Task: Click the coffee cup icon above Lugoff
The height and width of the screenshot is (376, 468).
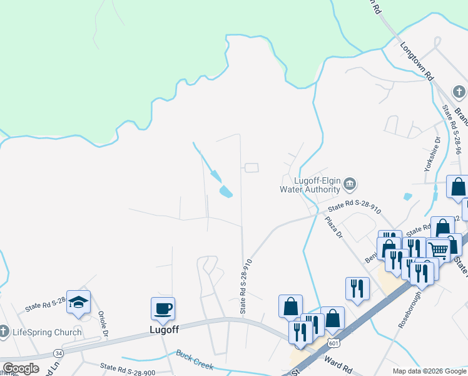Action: point(163,308)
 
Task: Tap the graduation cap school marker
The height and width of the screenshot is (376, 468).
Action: point(79,302)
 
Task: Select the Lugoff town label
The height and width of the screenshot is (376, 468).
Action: point(164,328)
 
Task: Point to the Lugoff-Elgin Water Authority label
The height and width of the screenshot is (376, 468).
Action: point(310,184)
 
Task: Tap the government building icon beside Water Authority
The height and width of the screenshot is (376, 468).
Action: point(350,184)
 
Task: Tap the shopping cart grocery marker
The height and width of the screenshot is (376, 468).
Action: point(439,249)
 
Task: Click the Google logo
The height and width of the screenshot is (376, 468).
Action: point(20,368)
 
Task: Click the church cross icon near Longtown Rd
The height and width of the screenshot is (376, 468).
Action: point(460,93)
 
